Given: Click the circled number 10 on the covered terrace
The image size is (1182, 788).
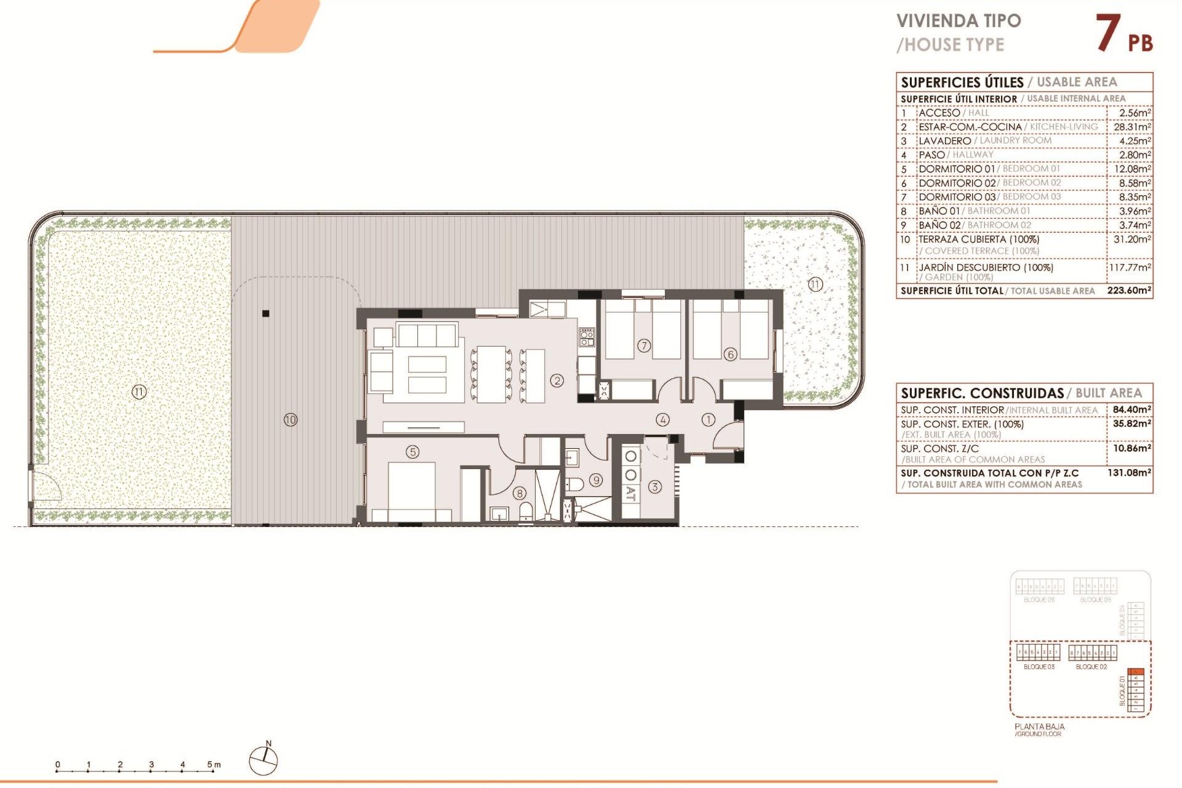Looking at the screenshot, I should (x=291, y=420).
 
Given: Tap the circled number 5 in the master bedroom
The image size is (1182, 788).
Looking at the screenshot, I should (x=412, y=452).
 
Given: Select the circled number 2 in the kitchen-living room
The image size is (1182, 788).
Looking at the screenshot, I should (x=557, y=380).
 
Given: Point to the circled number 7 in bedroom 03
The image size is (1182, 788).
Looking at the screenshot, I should (x=644, y=345).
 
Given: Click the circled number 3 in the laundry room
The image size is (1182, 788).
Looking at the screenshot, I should (x=655, y=487).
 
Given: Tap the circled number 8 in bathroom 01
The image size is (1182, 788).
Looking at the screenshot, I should (x=520, y=493).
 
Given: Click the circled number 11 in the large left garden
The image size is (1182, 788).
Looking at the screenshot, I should (x=139, y=392).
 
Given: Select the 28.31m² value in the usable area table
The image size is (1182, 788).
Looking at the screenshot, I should (x=1132, y=127).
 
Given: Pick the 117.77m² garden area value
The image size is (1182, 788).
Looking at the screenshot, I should (x=1130, y=268).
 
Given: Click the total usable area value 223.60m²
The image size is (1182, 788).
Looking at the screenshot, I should (x=1129, y=291).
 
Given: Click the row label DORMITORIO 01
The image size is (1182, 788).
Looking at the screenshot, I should (x=957, y=169).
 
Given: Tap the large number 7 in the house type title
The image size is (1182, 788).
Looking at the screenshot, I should (x=1108, y=33).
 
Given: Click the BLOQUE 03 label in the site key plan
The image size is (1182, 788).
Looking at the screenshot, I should (x=1039, y=667).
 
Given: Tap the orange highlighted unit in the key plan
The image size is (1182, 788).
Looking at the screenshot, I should (x=1138, y=672).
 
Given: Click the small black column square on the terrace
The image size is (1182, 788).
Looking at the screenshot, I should (x=266, y=313).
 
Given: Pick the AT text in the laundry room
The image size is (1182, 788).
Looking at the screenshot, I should (x=631, y=493).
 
